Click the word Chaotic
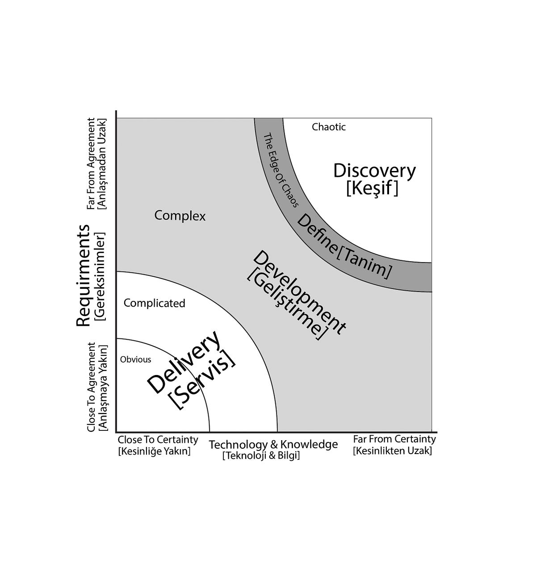pos(329,127)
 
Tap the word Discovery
pos(374,171)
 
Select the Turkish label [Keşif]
pos(372,188)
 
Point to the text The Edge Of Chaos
pos(281,170)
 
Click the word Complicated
pos(154,303)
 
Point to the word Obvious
pos(135,359)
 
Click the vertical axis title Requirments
pos(83,275)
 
